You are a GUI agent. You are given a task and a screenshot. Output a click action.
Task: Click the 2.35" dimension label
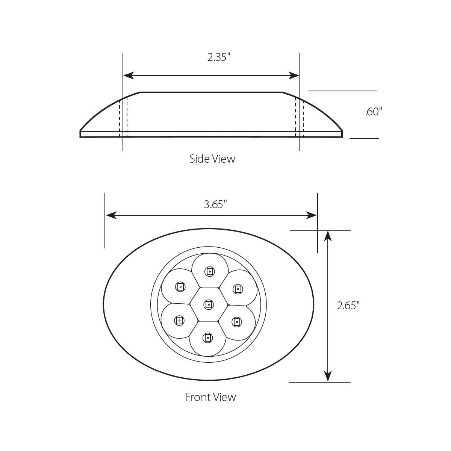tap(218, 58)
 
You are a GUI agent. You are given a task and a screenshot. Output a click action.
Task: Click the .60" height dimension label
tap(373, 112)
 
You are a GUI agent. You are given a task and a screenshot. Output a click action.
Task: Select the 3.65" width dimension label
tap(215, 204)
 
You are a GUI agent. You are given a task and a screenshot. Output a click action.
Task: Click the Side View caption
tap(212, 159)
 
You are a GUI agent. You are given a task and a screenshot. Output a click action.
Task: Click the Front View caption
tap(211, 397)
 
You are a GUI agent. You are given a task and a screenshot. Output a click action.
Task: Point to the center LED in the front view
tap(209, 304)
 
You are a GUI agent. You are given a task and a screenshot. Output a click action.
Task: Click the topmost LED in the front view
tap(209, 271)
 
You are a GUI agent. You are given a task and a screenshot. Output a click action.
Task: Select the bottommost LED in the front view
tap(207, 338)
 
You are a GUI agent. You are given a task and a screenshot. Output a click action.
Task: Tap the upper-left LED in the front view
tap(180, 287)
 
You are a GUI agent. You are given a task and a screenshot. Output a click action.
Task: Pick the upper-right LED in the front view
tap(238, 289)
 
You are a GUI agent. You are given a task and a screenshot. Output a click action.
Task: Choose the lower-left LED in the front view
tap(179, 321)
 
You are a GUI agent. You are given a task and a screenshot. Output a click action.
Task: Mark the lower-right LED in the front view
tap(236, 322)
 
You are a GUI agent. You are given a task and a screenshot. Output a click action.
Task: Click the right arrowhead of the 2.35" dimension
tap(294, 76)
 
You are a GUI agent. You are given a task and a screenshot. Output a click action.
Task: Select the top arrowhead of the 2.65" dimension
tap(328, 236)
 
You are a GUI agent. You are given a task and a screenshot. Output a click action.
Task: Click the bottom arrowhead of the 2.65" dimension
tap(328, 376)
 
